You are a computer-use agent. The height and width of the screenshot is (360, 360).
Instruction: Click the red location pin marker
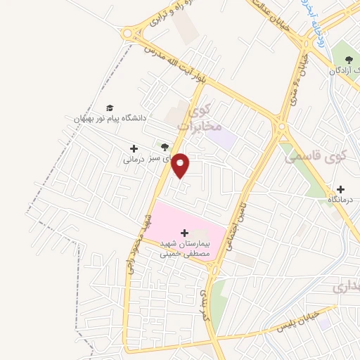[181, 166]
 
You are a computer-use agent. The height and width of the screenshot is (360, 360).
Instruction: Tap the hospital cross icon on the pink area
[185, 232]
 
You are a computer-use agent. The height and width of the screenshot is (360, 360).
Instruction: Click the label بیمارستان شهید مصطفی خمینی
[187, 247]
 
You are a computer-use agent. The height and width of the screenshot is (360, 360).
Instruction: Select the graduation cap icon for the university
[109, 108]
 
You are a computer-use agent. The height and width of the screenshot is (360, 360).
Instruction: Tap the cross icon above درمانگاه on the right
[340, 189]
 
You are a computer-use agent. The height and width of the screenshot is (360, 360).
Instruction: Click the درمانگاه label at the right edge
[342, 201]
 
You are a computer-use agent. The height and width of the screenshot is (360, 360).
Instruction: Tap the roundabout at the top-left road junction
[128, 33]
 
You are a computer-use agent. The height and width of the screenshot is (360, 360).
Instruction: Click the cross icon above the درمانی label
[134, 148]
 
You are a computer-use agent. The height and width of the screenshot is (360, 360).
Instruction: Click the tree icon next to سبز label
[165, 147]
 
